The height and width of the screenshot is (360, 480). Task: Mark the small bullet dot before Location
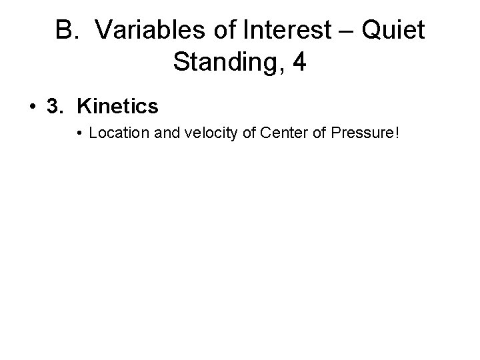[x=79, y=134]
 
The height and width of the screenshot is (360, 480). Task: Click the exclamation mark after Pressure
[x=397, y=133]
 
